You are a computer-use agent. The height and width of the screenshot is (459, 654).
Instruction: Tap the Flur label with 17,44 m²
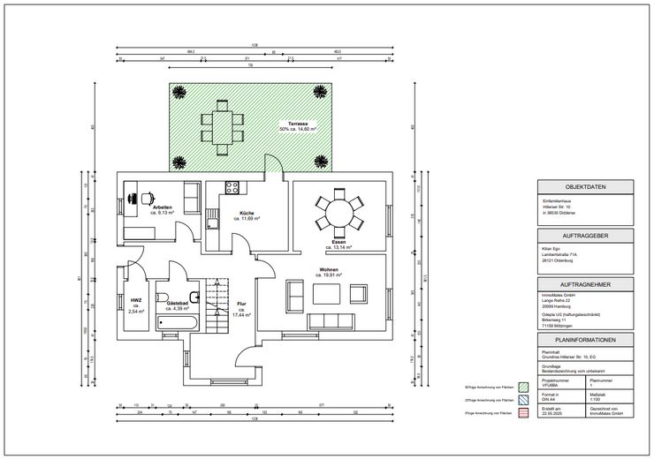click(240, 309)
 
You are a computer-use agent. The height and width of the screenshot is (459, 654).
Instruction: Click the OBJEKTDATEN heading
click(584, 186)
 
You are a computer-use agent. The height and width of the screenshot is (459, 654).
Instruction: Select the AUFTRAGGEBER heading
click(584, 237)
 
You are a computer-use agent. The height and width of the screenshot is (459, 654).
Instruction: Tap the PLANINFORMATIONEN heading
click(584, 340)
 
